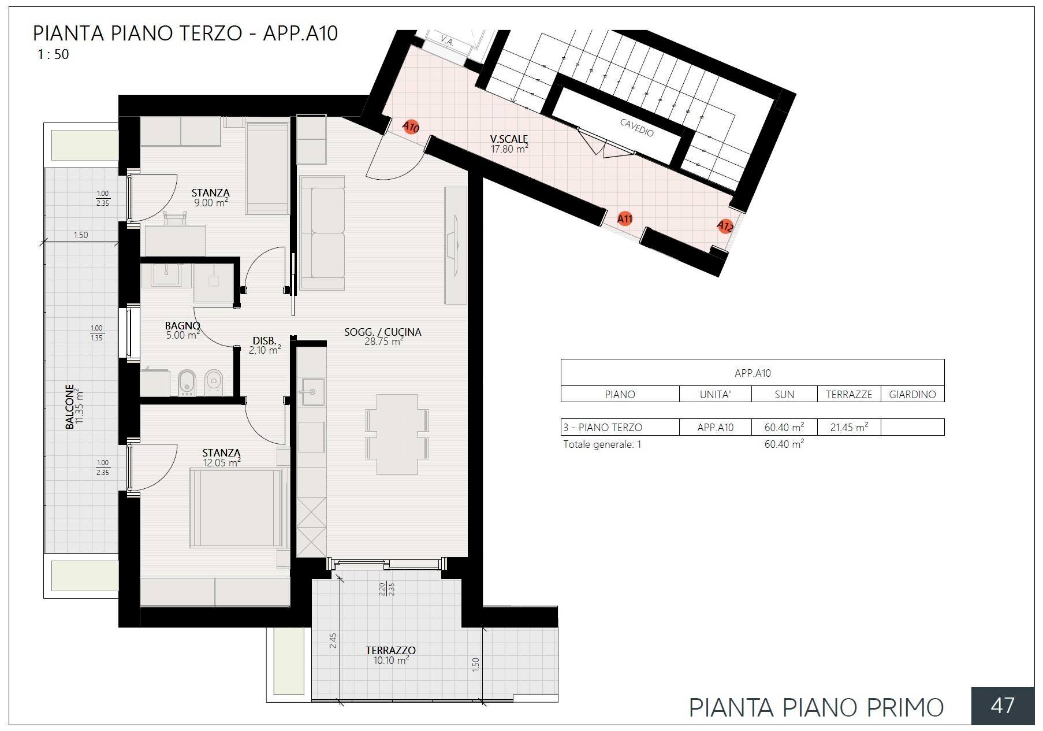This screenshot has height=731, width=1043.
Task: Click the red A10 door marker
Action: coord(411,127)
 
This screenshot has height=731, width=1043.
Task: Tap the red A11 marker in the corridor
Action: coord(625,218)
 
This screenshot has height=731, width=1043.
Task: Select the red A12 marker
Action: coord(725,226)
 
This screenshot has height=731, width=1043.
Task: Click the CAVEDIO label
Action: coord(637,128)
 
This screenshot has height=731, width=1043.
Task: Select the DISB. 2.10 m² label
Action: coord(265,346)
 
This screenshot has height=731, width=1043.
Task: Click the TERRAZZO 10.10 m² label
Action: coord(391,655)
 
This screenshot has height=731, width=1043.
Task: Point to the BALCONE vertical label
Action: coord(74,406)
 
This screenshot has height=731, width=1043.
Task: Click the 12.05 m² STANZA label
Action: coord(222,458)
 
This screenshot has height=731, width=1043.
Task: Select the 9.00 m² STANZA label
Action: coord(211,198)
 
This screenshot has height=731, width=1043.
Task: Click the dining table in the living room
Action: coord(397,434)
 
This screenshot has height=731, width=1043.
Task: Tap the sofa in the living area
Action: coord(321,233)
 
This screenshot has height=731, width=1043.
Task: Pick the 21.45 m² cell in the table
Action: coord(848,428)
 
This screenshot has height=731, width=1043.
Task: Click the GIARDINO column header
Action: coord(912,394)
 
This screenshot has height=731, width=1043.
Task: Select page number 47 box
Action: coord(1002,706)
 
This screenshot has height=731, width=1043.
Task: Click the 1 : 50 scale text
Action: coord(53,54)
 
